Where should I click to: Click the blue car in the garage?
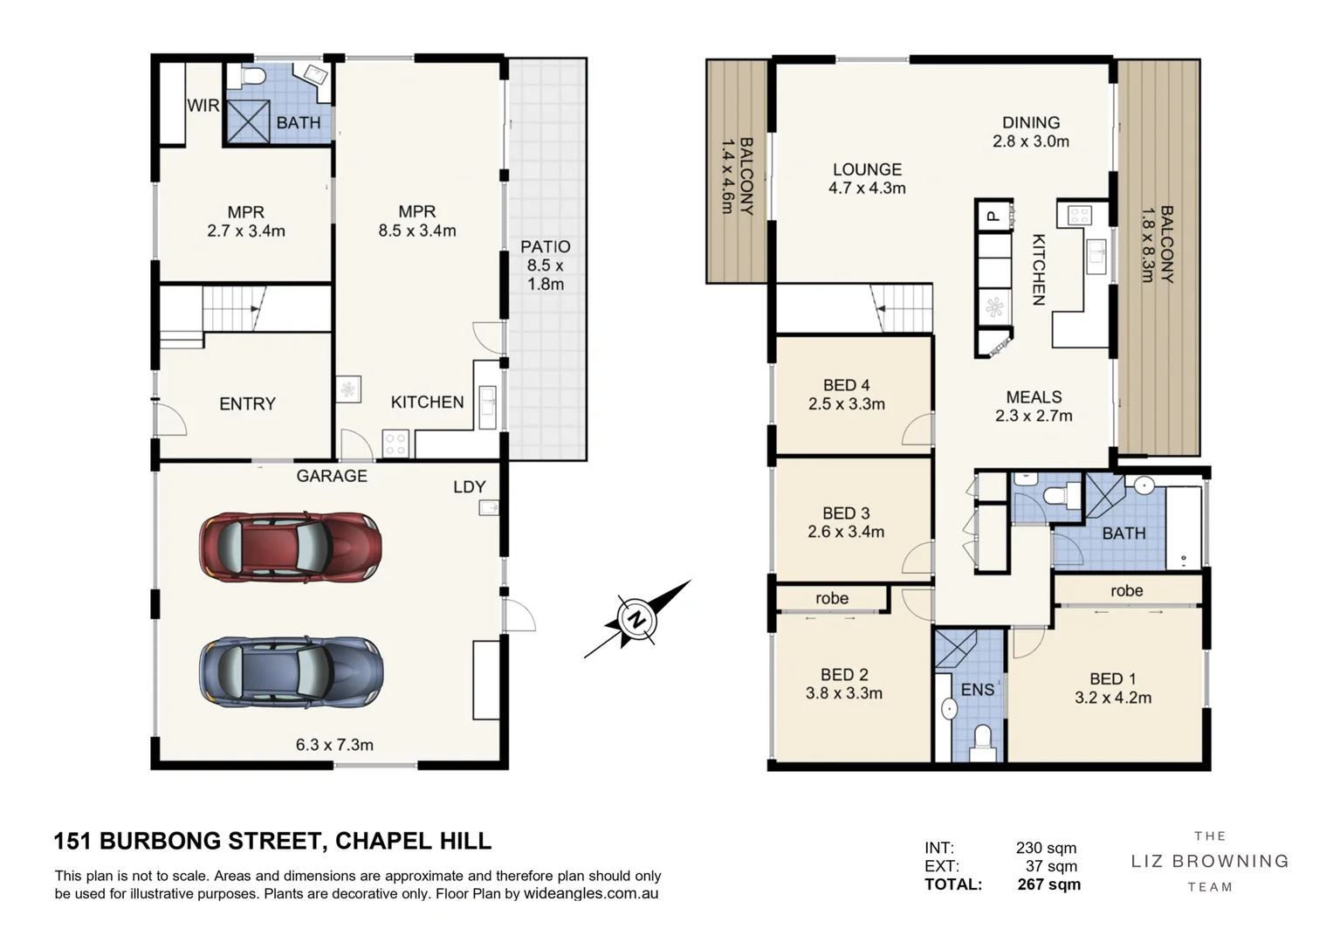pyautogui.click(x=291, y=672)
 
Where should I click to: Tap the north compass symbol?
pyautogui.click(x=637, y=619)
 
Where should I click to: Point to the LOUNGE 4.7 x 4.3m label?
pyautogui.click(x=867, y=179)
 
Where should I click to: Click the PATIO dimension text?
pyautogui.click(x=546, y=274)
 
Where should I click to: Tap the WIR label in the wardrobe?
pyautogui.click(x=203, y=106)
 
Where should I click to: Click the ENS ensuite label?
pyautogui.click(x=977, y=690)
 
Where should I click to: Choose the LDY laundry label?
pyautogui.click(x=470, y=487)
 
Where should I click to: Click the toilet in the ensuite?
pyautogui.click(x=983, y=742)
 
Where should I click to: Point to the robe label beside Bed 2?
pyautogui.click(x=832, y=598)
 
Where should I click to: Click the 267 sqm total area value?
pyautogui.click(x=1048, y=884)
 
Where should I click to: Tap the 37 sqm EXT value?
pyautogui.click(x=1051, y=866)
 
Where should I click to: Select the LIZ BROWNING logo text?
pyautogui.click(x=1210, y=862)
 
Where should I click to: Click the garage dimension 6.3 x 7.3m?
pyautogui.click(x=334, y=745)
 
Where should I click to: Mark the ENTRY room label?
pyautogui.click(x=248, y=404)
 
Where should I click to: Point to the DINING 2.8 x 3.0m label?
pyautogui.click(x=1031, y=132)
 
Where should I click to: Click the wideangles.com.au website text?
pyautogui.click(x=591, y=893)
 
